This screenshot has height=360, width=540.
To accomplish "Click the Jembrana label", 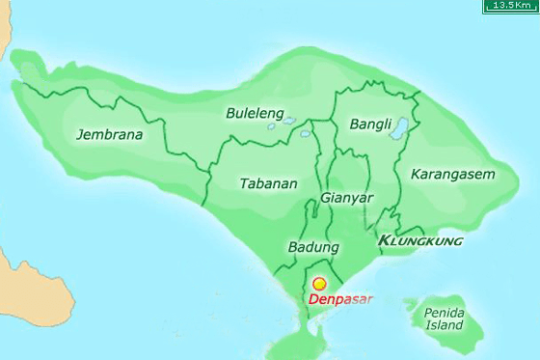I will [x=109, y=135].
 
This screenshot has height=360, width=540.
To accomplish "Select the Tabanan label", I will [x=267, y=183].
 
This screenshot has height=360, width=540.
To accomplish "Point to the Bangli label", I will [x=370, y=125].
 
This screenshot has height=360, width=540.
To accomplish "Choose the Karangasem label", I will [x=451, y=175].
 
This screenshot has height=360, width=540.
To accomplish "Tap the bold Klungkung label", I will [x=420, y=239].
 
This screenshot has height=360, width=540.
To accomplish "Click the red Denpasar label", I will [x=339, y=299].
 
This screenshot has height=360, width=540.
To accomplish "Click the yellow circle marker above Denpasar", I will [x=320, y=285].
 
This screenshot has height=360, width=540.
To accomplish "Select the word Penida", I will [x=444, y=314].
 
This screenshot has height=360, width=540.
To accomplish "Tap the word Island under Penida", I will [x=444, y=326].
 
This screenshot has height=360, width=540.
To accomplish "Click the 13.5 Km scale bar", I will [x=511, y=6].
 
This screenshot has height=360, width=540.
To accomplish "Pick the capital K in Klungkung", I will [x=386, y=239].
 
